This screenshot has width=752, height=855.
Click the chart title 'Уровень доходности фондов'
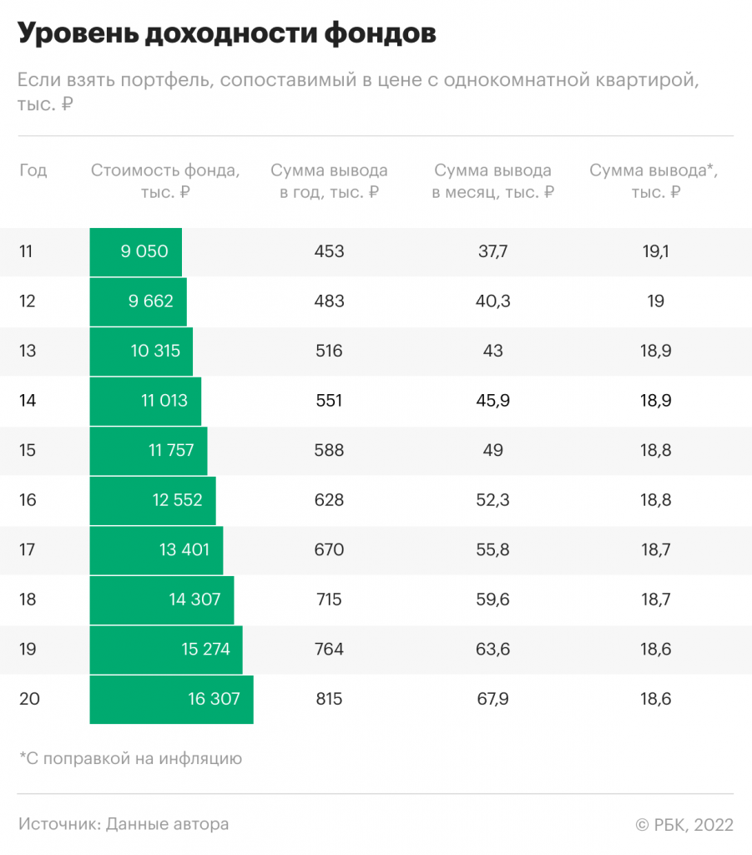[226, 34]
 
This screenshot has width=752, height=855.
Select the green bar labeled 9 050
[136, 251]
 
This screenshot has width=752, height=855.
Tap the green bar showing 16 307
[171, 699]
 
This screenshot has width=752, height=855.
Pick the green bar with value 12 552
[153, 500]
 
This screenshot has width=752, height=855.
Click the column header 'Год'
[33, 170]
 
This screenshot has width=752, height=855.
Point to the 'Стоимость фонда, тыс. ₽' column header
[165, 180]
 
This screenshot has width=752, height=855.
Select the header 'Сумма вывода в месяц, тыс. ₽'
[492, 180]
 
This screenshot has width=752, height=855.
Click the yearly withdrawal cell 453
[329, 251]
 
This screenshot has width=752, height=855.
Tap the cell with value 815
[329, 699]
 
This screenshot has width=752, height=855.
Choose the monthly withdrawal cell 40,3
[492, 301]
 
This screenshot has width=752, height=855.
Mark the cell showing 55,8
[492, 549]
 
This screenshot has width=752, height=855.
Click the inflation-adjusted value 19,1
[655, 251]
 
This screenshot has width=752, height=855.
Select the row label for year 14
[28, 401]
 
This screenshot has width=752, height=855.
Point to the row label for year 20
[29, 699]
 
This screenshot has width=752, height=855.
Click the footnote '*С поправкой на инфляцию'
[130, 758]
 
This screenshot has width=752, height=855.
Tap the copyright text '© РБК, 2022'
[684, 824]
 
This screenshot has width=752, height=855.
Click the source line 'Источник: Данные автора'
[124, 824]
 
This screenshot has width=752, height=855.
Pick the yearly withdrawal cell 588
[329, 450]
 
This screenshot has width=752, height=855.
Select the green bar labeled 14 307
[162, 600]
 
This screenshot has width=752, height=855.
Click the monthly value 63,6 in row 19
[492, 649]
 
